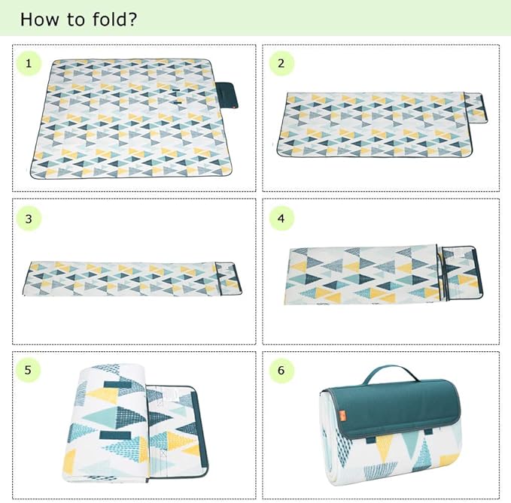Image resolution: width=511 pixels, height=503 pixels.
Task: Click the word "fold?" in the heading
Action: [114, 20]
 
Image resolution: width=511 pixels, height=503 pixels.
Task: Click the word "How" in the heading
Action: [40, 20]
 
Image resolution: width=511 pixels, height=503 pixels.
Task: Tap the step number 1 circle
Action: [29, 63]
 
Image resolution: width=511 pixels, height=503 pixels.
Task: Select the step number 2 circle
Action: [281, 63]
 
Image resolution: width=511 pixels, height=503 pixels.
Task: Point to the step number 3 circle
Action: [29, 219]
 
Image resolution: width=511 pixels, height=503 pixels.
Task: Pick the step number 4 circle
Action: [281, 219]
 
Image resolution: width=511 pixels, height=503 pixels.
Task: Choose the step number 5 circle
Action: [28, 370]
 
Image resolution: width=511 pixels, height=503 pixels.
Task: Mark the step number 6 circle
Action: [281, 370]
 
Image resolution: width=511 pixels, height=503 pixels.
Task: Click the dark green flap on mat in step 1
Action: [227, 95]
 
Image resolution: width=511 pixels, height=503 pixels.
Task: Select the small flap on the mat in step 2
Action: [476, 108]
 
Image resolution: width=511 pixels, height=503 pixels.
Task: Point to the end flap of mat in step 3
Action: [228, 278]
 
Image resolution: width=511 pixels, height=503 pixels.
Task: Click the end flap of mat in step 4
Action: [461, 274]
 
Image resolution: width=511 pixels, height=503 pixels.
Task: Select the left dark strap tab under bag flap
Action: [370, 440]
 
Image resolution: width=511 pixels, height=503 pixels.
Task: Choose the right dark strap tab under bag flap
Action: [428, 432]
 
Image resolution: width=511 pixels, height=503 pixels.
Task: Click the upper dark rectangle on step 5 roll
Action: [117, 384]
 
